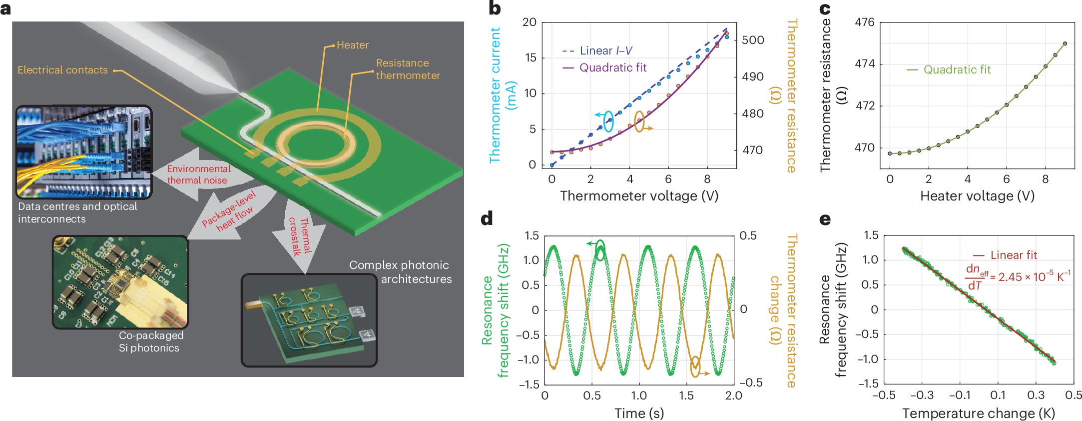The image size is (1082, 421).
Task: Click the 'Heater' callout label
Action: tap(352, 45)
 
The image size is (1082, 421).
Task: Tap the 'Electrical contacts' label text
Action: tap(62, 70)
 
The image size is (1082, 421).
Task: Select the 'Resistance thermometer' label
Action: tap(408, 69)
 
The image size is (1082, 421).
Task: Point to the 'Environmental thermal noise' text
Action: tap(198, 174)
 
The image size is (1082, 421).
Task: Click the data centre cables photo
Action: tap(84, 152)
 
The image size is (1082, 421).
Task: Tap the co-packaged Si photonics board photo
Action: tap(120, 282)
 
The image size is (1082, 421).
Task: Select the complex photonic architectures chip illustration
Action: tap(309, 320)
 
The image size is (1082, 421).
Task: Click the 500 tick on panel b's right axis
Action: tap(753, 40)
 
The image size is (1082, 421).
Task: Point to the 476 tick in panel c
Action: tap(865, 22)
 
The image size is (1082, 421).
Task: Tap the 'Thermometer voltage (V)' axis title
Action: tap(639, 195)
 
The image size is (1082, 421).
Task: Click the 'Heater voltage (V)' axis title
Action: tap(977, 195)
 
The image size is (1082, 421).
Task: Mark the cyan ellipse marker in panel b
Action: tap(608, 121)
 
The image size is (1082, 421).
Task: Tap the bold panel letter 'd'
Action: tap(487, 218)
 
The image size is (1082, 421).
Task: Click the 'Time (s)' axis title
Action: tap(639, 413)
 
